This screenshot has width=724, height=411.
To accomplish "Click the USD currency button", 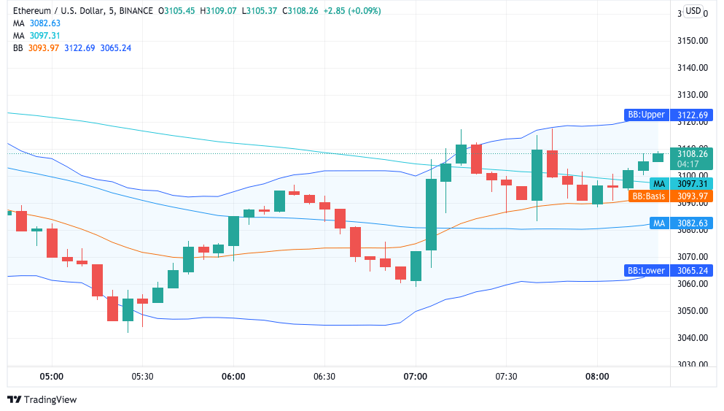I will coord(693,11).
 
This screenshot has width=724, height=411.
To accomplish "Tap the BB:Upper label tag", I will coord(647,115).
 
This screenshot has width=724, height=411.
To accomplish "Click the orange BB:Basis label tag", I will coord(649,196).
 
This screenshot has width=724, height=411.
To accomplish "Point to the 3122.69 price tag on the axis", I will coord(692,115).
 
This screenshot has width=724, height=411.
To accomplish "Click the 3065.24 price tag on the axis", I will coord(692,271).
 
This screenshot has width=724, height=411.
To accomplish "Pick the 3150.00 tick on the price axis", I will coord(692,40).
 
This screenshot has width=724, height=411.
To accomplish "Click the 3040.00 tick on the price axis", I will coord(692,338).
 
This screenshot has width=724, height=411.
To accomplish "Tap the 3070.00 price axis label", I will coord(692,257).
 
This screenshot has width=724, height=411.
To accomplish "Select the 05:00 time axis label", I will coord(51,377).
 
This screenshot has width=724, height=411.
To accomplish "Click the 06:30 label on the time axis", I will coord(324,377).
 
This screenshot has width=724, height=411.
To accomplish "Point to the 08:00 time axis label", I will coord(596,377).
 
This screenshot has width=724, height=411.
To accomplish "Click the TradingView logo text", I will coord(50,399).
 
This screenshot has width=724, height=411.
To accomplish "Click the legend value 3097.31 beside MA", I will coord(45,35).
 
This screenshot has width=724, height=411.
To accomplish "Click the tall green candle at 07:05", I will coord(431,215).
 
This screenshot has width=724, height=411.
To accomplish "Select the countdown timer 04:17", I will coord(688,164).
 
